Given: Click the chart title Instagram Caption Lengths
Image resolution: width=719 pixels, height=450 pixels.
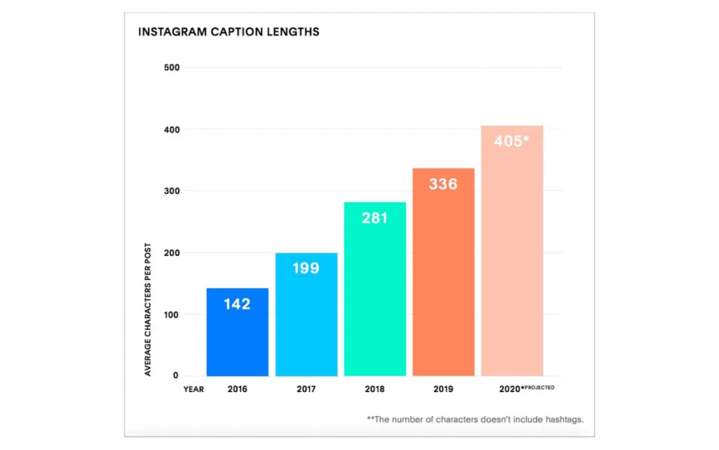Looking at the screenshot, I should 228,32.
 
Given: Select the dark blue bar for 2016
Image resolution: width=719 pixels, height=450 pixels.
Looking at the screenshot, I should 237,340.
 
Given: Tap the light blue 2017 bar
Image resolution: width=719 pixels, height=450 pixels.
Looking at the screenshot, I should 306,320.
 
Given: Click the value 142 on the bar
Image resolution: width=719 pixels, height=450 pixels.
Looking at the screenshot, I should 237,304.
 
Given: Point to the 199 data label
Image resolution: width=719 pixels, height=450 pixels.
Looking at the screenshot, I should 306,269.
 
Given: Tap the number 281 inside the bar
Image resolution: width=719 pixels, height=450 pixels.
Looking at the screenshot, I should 375,218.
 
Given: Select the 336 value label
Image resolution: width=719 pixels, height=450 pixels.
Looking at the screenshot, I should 443,184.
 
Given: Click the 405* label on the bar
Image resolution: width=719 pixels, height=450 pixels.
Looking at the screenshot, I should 512,141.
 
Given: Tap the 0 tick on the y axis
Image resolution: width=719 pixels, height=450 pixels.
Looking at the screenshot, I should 176,376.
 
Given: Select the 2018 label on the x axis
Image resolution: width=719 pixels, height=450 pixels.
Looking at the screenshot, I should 375,389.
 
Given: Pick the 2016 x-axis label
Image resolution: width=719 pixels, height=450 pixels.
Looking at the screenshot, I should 237,389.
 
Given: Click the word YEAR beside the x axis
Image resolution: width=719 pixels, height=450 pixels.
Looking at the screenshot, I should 194,389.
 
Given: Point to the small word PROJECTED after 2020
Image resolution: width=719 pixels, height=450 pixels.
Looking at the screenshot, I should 540,387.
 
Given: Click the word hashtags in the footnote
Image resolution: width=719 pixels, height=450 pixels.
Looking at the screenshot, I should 564,419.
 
